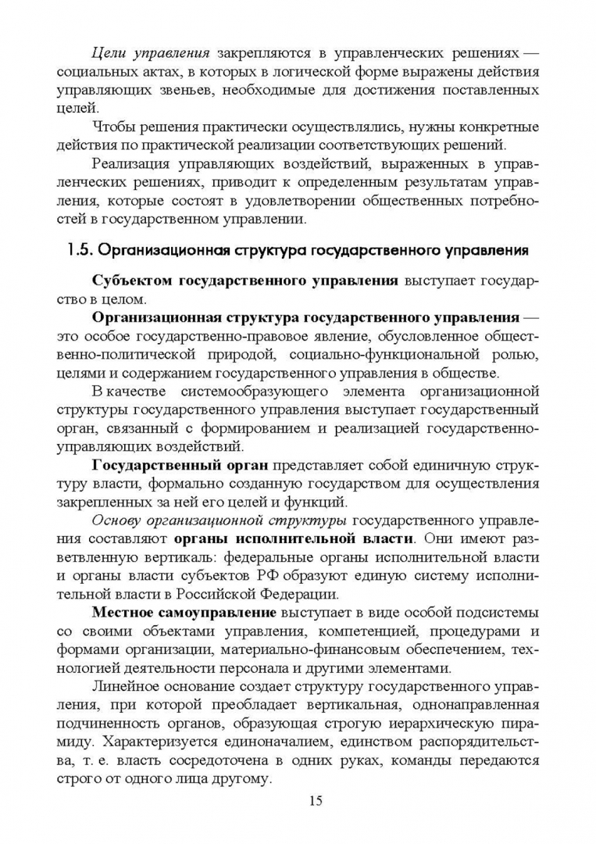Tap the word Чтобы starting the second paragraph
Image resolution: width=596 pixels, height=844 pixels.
114,127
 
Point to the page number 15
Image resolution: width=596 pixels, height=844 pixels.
316,799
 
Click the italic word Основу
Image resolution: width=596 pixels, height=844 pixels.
116,520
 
